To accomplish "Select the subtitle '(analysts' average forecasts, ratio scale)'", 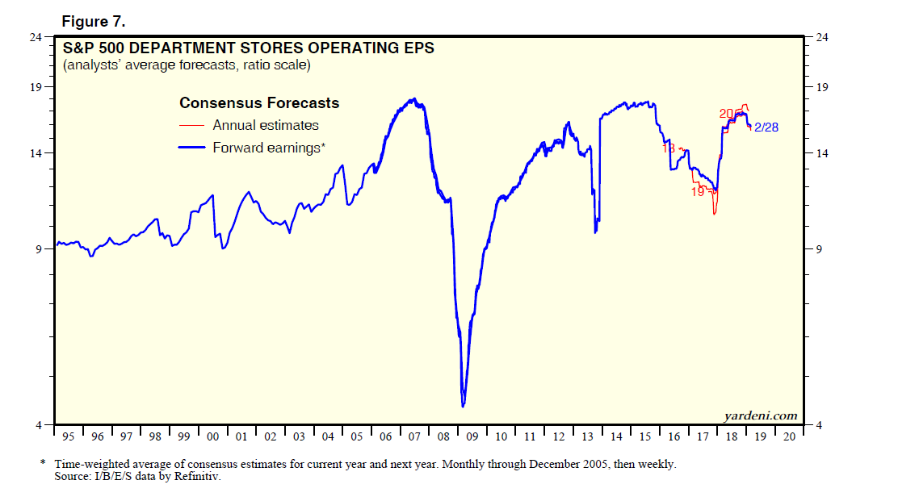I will (x=187, y=65).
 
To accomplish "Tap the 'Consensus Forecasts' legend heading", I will (x=259, y=103).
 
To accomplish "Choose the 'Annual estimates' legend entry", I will (x=266, y=125).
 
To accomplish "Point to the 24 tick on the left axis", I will (x=37, y=37).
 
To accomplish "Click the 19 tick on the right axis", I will (x=822, y=87).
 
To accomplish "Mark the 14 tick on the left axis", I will (x=37, y=153).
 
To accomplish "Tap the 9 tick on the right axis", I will (x=819, y=249).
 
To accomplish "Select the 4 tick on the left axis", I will (x=40, y=425).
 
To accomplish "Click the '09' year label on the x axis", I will (x=472, y=436).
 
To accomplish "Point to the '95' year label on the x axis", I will (x=68, y=436).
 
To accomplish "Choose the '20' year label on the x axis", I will (x=790, y=436).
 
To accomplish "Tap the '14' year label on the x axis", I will (x=616, y=436).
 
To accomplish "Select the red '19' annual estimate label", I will (x=698, y=192).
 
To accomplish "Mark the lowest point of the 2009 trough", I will (x=463, y=406).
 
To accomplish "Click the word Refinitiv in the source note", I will (x=198, y=477).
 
